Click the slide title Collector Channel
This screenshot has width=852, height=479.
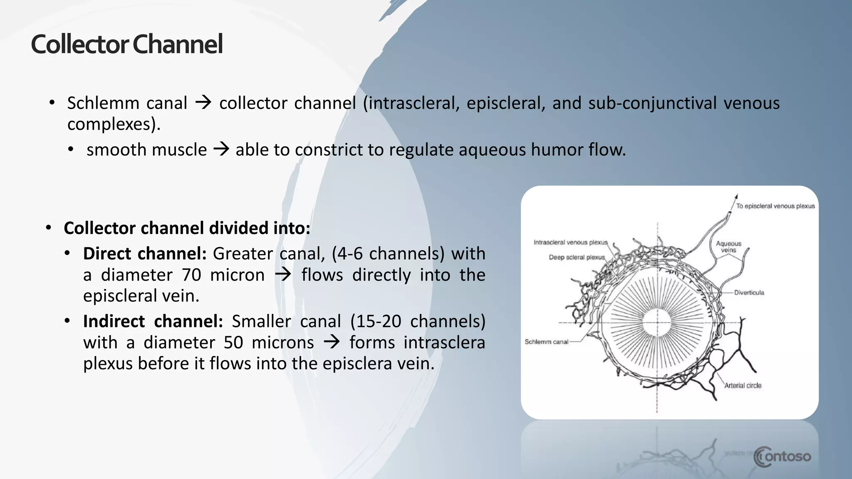click(127, 44)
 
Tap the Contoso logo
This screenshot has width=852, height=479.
click(782, 457)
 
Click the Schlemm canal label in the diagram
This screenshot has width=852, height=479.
click(546, 342)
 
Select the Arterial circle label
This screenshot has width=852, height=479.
click(743, 385)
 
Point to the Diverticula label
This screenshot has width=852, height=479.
click(749, 293)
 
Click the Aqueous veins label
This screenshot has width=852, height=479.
click(728, 247)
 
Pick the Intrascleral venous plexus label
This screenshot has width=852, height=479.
click(570, 242)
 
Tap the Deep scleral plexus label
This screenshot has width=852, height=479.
click(577, 257)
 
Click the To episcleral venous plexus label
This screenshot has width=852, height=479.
click(775, 206)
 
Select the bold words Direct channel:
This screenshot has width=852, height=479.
click(145, 254)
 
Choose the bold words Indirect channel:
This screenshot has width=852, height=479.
click(153, 321)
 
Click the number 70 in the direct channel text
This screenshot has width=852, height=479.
click(191, 275)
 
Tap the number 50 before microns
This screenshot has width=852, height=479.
click(233, 343)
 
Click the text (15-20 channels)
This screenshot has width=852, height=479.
click(418, 321)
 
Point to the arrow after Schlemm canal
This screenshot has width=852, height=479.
click(203, 103)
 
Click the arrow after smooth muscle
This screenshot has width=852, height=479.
click(221, 149)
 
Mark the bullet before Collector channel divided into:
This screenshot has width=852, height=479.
click(49, 228)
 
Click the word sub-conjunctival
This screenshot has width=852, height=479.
click(652, 103)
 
